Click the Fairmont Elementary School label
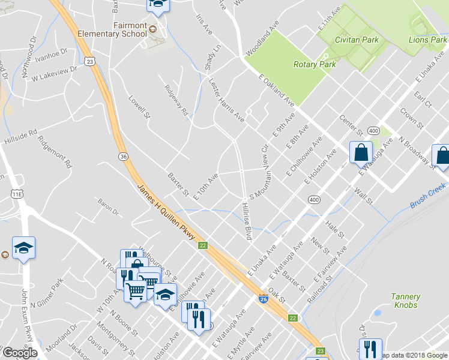(112, 30)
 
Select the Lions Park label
(427, 40)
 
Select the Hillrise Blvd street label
(246, 221)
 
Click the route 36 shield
(123, 156)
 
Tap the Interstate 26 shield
(264, 298)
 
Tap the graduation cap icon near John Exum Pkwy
(23, 248)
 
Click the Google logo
(19, 353)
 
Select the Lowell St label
(139, 106)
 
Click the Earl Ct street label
(423, 100)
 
